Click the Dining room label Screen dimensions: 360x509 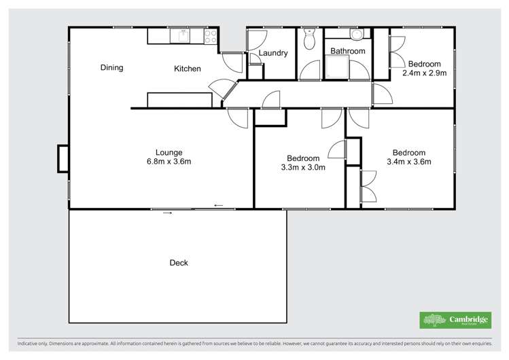[111, 67]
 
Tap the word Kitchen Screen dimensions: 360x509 [188, 69]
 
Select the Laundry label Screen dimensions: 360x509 [273, 53]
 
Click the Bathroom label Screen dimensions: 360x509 [347, 51]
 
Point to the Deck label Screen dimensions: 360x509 [179, 263]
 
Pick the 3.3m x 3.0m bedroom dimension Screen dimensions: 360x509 [303, 167]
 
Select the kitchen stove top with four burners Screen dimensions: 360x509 [211, 36]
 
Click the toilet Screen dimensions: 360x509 [309, 39]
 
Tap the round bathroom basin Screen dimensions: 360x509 [355, 35]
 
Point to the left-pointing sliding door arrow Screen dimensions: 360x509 [218, 205]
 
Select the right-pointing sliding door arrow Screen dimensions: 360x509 [167, 213]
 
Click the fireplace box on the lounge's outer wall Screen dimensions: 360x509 [63, 158]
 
